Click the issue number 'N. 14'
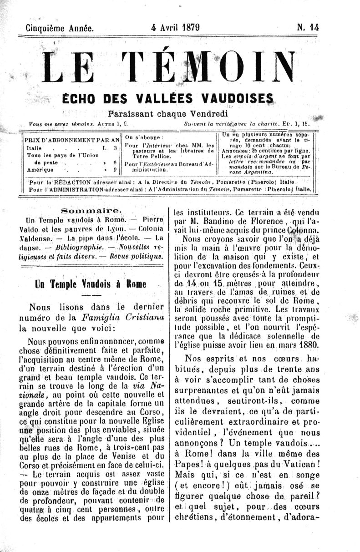(x=308, y=27)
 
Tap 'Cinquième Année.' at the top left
(x=60, y=28)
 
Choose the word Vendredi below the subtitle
(x=207, y=113)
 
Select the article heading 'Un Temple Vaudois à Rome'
(x=91, y=284)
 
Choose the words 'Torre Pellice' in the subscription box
(x=148, y=155)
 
